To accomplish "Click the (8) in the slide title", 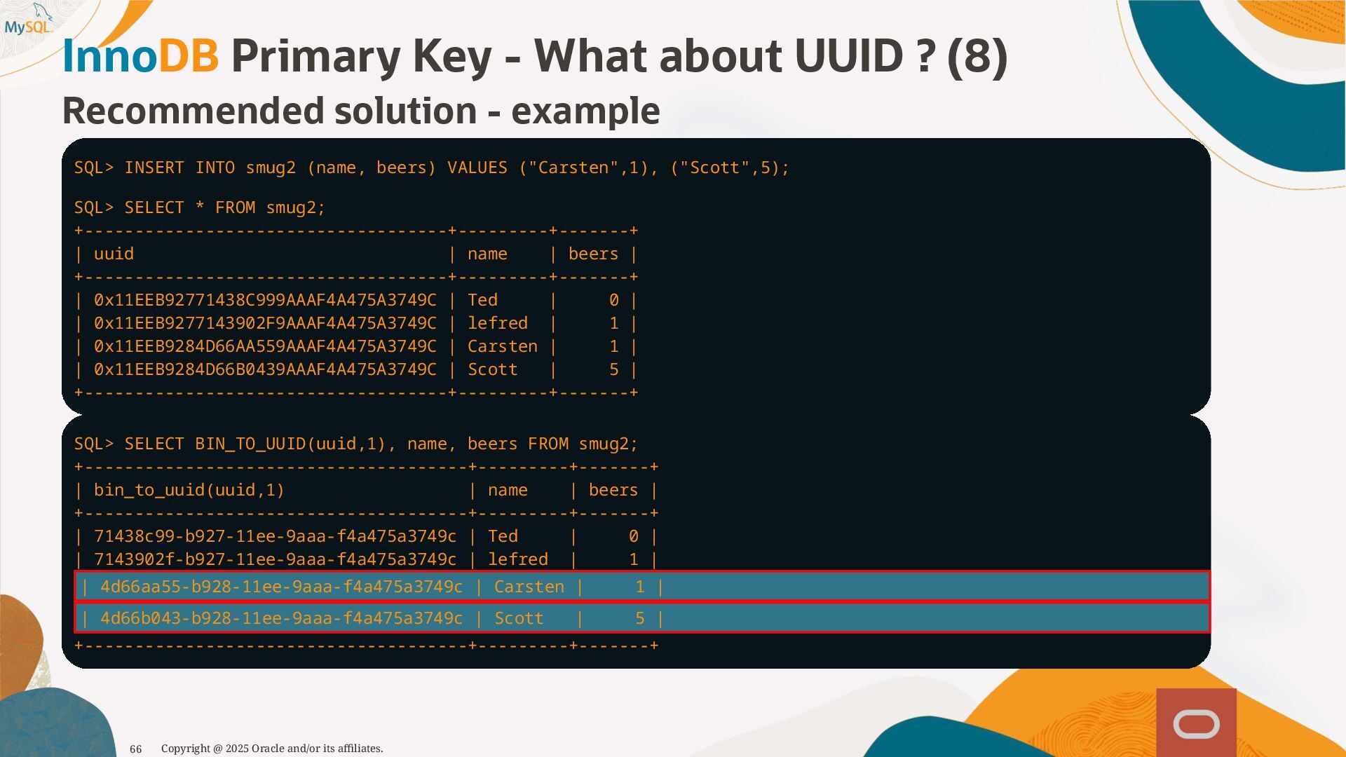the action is pyautogui.click(x=977, y=56).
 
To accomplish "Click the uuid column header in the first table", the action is pyautogui.click(x=114, y=254).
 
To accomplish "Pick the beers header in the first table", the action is pyautogui.click(x=593, y=254).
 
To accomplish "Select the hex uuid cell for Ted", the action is pyautogui.click(x=265, y=301).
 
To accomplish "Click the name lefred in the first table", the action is pyautogui.click(x=498, y=324).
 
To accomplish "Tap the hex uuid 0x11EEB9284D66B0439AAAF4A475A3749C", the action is pyautogui.click(x=265, y=370).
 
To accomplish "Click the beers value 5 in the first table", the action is pyautogui.click(x=614, y=370).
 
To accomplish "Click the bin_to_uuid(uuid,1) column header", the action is pyautogui.click(x=189, y=491).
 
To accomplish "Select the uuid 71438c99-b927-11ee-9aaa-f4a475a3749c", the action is pyautogui.click(x=275, y=537).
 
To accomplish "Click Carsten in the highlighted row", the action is pyautogui.click(x=529, y=587).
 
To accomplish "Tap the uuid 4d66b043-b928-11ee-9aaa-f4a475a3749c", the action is pyautogui.click(x=281, y=619).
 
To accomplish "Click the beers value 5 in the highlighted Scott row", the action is pyautogui.click(x=639, y=619).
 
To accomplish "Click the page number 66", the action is pyautogui.click(x=136, y=749).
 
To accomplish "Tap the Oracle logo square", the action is pyautogui.click(x=1196, y=723).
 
